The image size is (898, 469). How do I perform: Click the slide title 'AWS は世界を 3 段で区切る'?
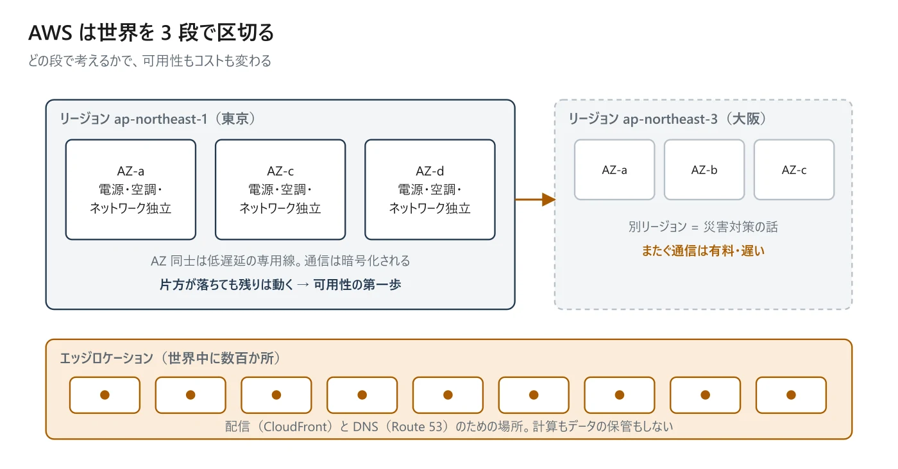[x=151, y=33]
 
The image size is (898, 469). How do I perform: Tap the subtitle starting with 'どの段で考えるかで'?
[x=150, y=61]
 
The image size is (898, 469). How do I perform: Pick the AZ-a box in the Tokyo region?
[x=131, y=190]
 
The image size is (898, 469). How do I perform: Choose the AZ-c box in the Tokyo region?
[x=280, y=190]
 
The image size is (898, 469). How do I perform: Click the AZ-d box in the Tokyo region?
[x=430, y=190]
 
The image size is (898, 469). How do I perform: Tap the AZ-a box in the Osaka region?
[x=614, y=169]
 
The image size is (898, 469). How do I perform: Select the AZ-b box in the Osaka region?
[x=704, y=169]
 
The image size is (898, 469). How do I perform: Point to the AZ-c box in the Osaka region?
[x=794, y=169]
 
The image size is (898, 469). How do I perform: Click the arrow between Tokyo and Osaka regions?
[x=535, y=200]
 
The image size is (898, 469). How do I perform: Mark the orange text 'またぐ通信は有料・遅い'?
[x=703, y=251]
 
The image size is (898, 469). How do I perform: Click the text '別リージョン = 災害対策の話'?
[x=703, y=227]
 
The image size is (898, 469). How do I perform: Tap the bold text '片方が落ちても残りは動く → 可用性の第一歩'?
[x=280, y=285]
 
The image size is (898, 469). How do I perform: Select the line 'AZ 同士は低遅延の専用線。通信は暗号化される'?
[x=280, y=261]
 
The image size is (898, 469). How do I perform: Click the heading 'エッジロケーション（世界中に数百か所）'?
[x=170, y=358]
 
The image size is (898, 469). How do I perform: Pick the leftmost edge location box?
[x=105, y=395]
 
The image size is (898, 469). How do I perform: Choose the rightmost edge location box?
[x=791, y=395]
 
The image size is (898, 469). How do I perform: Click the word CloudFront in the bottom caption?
[x=296, y=427]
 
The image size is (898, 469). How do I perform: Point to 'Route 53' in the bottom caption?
[x=416, y=427]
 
